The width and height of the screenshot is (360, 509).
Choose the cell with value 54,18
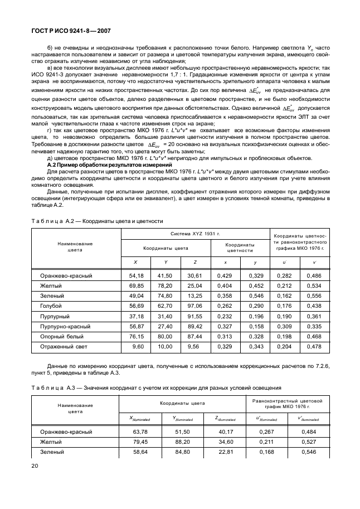point(136,275)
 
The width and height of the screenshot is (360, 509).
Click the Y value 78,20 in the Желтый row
point(164,285)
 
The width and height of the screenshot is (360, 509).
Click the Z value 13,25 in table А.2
point(194,295)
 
